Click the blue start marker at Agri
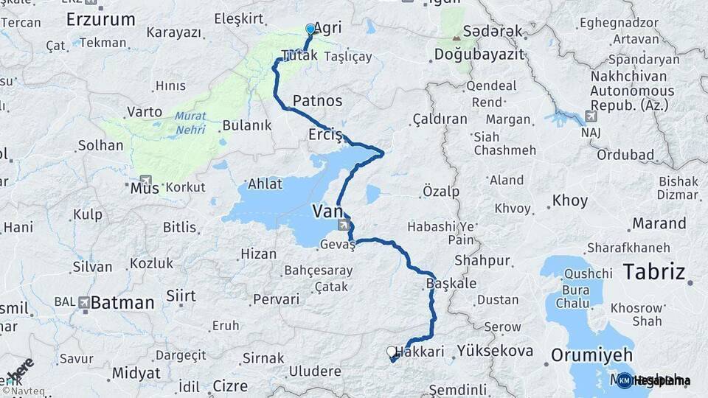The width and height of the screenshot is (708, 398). pos(310,29)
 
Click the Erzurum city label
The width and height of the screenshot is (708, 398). pos(100,19)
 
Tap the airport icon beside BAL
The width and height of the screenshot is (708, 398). pos(83,302)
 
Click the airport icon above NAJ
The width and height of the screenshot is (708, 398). pos(591,116)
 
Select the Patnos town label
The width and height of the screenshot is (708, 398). pos(317,100)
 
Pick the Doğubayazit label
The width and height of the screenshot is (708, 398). pos(478,55)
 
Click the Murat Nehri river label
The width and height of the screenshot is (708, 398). pos(191,123)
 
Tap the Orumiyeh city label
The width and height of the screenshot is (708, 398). pos(590,355)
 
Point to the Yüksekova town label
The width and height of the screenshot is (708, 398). pos(495,351)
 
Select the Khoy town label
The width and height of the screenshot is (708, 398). pos(570,200)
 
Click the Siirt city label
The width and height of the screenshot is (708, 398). pos(181,296)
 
